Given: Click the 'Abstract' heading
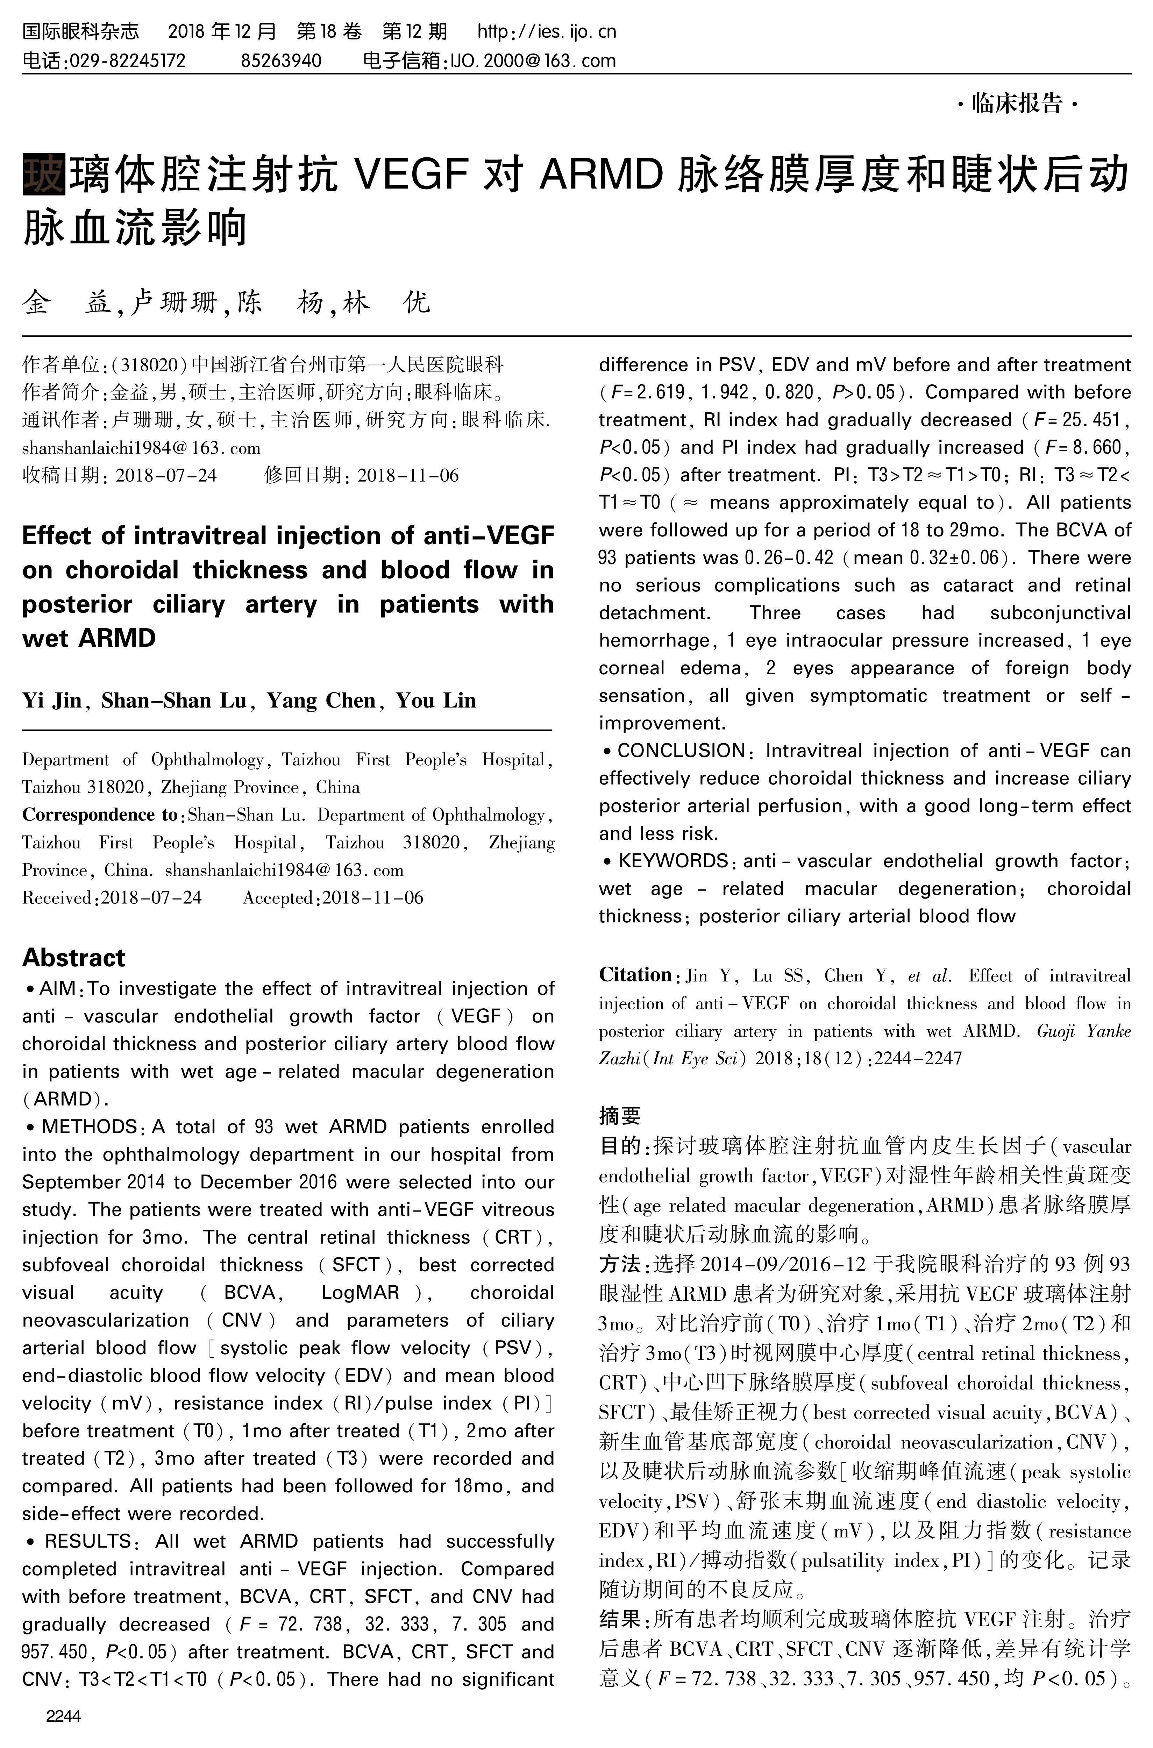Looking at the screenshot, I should (73, 958).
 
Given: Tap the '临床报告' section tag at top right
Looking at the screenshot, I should (1017, 104).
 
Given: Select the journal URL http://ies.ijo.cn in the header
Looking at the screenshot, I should (546, 31).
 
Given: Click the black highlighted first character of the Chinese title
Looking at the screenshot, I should (43, 173).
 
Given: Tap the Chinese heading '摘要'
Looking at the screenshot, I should (620, 1116).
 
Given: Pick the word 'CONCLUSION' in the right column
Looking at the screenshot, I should (681, 751).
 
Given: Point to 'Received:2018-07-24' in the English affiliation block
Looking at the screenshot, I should (112, 898).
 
